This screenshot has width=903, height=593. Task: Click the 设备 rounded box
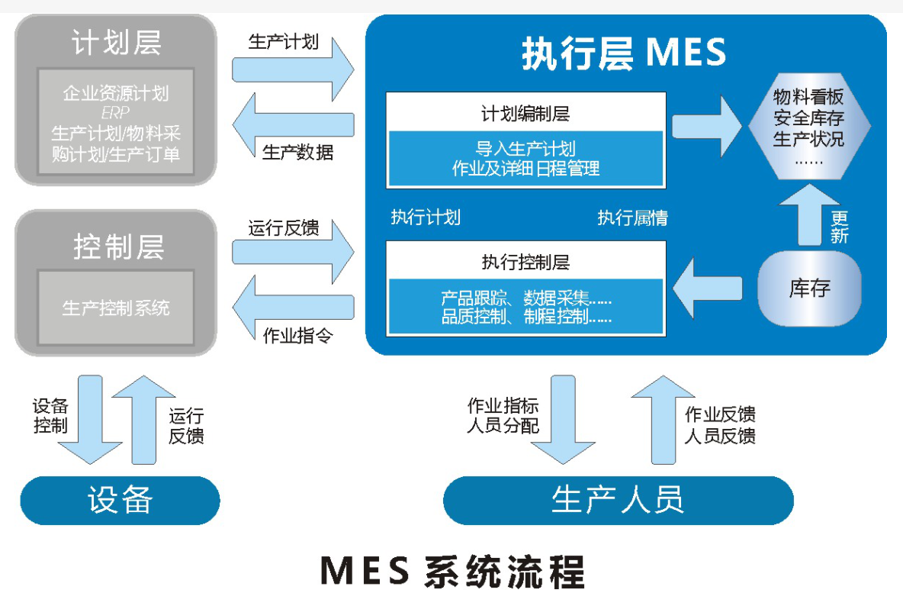pos(120,500)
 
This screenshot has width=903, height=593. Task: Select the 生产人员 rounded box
pos(618,500)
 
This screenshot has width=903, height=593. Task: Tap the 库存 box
pos(809,288)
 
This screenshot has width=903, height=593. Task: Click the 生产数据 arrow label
pos(297,152)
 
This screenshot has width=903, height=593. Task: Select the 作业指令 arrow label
pos(297,336)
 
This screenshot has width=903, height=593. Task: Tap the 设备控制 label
pos(51,416)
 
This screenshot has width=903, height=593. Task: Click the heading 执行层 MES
pos(624,54)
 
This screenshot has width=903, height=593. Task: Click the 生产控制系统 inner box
pos(116,308)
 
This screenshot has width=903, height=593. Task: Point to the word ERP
pos(116,113)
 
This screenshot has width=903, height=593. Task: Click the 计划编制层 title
pos(525,114)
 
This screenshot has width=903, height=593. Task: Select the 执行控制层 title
pos(525,263)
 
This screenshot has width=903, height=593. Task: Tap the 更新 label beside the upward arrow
pos(840,227)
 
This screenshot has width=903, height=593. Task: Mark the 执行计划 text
pos(426,218)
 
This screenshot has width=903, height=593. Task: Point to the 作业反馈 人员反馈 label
pos(720,426)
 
